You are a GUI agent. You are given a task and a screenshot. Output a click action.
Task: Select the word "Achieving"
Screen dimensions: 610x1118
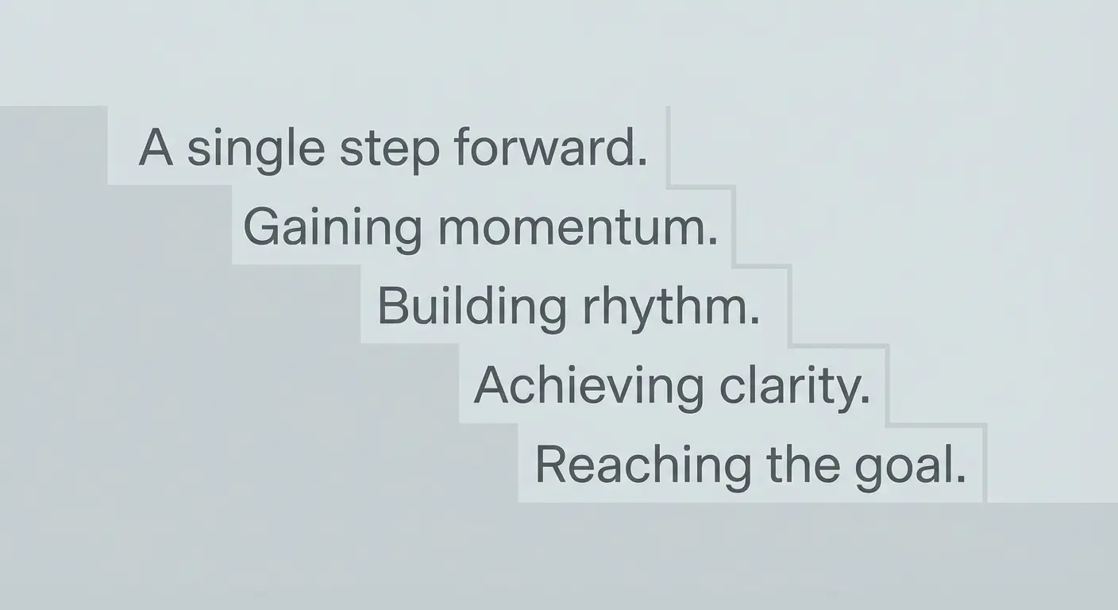tap(588, 386)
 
